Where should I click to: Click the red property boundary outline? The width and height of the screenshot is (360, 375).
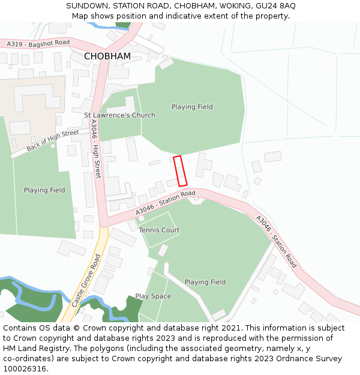(180, 171)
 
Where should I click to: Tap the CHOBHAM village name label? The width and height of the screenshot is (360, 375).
(107, 56)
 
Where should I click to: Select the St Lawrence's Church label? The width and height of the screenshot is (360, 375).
(119, 115)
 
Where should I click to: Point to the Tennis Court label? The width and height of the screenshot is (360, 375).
(159, 230)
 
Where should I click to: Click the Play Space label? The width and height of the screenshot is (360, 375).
(153, 296)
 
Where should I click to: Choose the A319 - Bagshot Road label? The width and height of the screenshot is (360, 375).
(38, 43)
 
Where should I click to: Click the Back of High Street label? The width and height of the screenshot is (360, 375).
(53, 140)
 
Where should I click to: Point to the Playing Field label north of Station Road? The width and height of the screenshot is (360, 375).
(192, 107)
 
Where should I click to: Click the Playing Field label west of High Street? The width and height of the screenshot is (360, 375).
(44, 190)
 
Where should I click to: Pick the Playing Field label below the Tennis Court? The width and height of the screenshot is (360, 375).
(205, 282)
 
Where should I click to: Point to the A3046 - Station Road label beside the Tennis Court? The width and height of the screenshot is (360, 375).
(166, 203)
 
